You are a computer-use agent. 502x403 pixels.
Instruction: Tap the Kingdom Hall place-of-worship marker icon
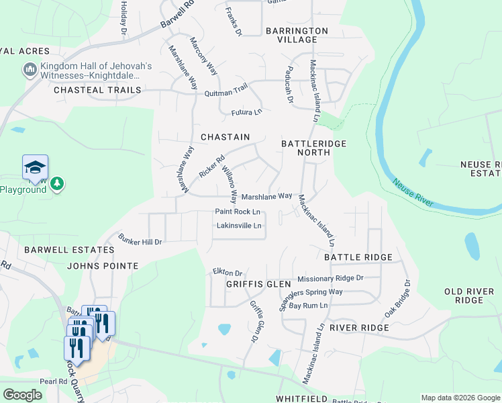click(30, 70)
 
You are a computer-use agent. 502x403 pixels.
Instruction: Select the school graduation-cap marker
click(35, 168)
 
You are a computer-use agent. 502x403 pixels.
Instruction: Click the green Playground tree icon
click(58, 183)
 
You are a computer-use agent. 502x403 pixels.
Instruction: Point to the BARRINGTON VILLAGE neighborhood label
click(297, 35)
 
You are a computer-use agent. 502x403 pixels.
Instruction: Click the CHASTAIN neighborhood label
click(225, 137)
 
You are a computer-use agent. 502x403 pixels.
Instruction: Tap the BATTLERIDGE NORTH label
click(305, 148)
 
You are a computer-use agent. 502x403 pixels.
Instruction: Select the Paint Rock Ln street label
click(237, 212)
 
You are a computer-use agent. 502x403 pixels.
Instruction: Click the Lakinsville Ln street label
click(238, 226)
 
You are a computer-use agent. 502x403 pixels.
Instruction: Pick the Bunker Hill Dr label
click(140, 238)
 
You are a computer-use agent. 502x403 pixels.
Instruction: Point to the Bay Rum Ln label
click(308, 306)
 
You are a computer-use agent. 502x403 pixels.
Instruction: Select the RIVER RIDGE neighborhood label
click(359, 328)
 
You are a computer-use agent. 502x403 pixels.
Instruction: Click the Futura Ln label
click(246, 112)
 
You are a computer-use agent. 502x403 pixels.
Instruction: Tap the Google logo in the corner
click(22, 395)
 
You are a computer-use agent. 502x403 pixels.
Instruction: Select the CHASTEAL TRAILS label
click(97, 90)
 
